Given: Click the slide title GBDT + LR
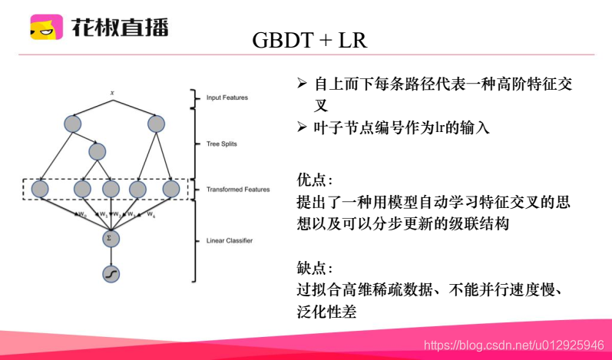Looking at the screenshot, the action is [309, 40].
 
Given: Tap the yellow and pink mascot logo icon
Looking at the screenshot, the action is [46, 28].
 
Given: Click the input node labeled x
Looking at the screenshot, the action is [112, 93].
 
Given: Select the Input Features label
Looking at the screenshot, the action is [227, 97].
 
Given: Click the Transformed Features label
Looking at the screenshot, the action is [238, 189].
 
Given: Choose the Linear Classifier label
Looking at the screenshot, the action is [230, 240].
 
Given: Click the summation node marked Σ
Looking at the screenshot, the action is [112, 239].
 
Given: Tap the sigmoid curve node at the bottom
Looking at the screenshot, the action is [112, 273].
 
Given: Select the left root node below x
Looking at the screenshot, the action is [72, 123].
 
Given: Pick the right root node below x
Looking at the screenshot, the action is [156, 123].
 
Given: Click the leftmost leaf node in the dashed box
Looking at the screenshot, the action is [41, 188].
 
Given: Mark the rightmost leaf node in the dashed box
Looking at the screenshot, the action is [170, 188].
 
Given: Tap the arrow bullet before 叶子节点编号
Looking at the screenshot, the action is [303, 127].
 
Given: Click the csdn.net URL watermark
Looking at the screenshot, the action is [514, 346].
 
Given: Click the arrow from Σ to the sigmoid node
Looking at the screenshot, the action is [112, 256].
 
